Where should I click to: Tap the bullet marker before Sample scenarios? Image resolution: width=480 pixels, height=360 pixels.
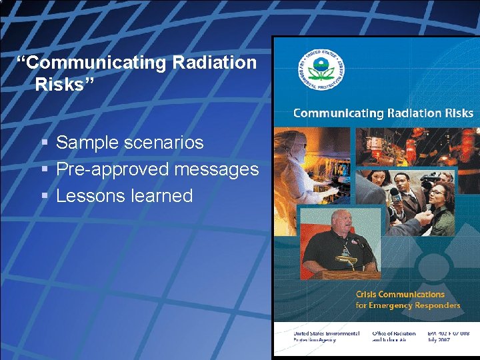tap(44, 143)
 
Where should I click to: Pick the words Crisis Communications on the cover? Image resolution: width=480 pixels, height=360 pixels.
tap(400, 294)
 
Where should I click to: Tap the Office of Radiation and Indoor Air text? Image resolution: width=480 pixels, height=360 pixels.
tap(393, 337)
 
